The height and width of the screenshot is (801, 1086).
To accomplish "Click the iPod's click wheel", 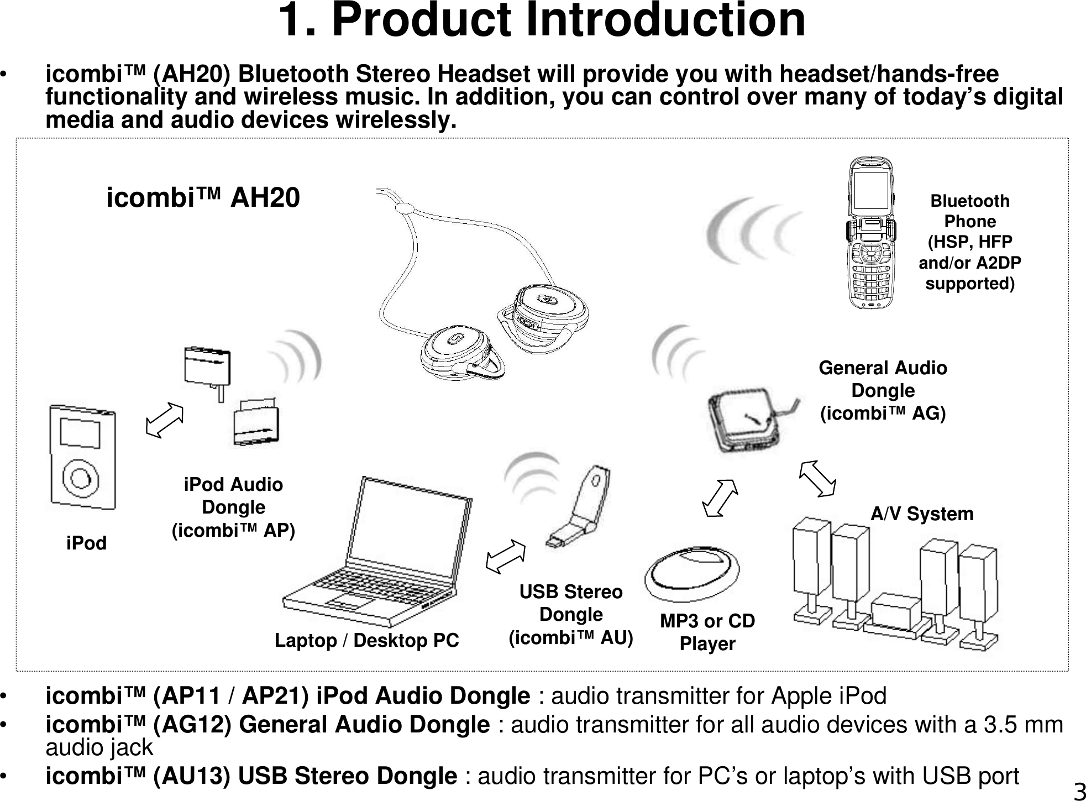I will pyautogui.click(x=81, y=478).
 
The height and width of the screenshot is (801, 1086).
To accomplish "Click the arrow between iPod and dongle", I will pyautogui.click(x=164, y=421).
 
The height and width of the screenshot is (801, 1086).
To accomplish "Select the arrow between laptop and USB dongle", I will pyautogui.click(x=505, y=556).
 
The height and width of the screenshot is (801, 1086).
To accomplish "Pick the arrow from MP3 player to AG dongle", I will pyautogui.click(x=720, y=498).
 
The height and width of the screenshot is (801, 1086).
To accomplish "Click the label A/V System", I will pyautogui.click(x=922, y=514).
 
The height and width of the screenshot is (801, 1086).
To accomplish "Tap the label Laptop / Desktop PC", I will pyautogui.click(x=367, y=640).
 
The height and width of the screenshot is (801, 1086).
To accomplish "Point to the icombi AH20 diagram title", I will pyautogui.click(x=203, y=197).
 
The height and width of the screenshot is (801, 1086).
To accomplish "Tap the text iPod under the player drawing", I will pyautogui.click(x=86, y=543).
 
